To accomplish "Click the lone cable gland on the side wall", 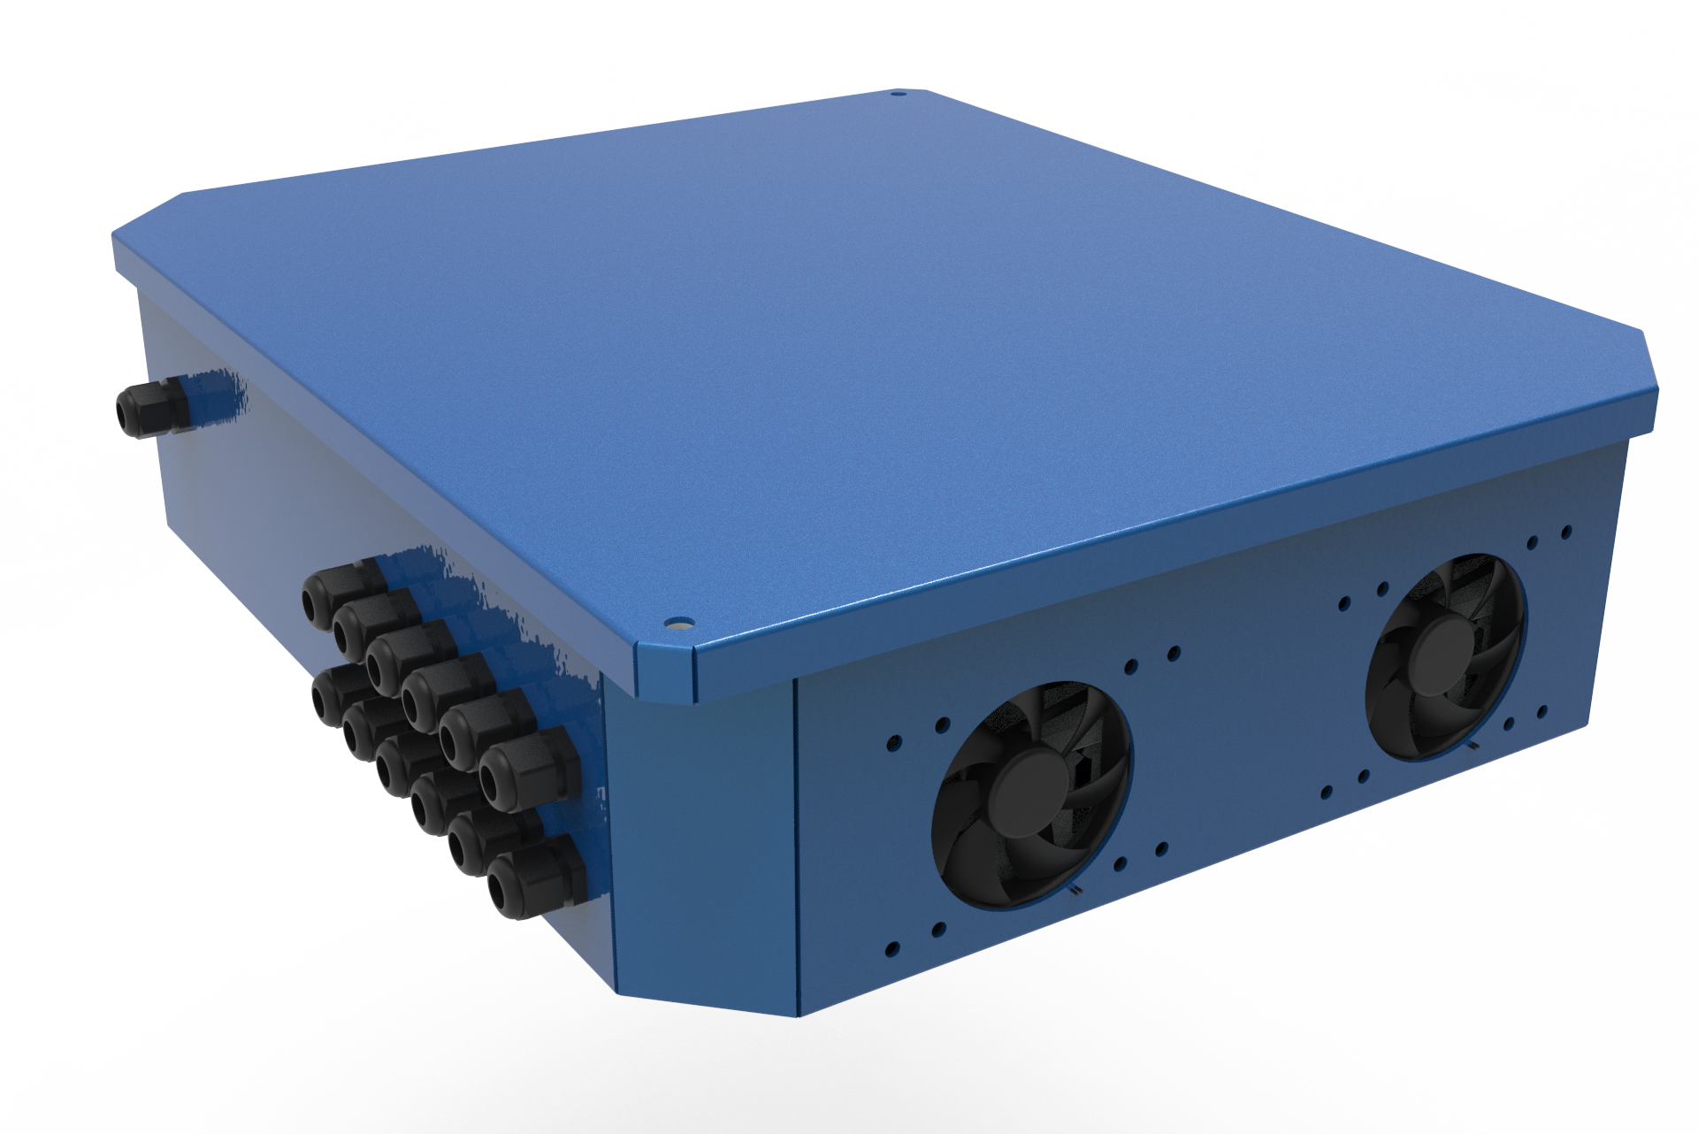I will point(150,410).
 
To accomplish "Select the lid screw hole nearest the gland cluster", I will point(677,623).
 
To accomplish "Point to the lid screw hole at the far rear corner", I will point(898,91).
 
